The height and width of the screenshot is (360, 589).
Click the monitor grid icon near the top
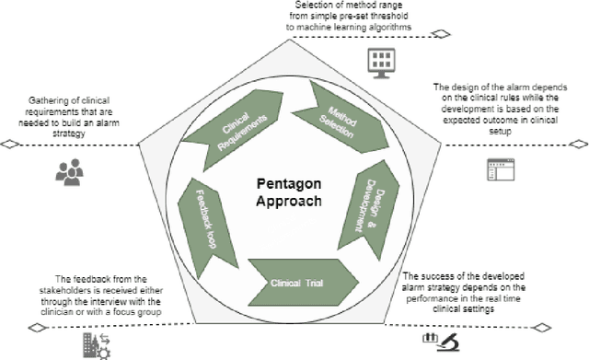coord(379,61)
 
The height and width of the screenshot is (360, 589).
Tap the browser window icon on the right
coord(500,169)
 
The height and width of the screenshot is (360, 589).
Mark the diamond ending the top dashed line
coord(443,34)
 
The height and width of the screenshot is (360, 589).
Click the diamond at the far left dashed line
coord(9,144)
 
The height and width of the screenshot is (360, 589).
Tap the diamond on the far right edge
coord(579,144)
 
